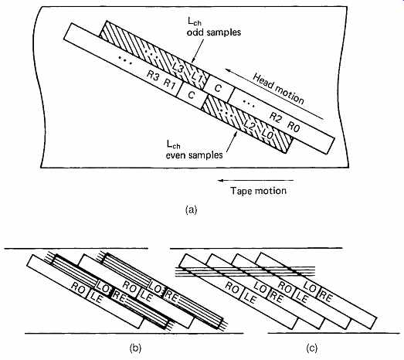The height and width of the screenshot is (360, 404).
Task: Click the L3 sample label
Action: [178, 68]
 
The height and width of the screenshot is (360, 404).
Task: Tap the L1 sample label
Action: [197, 76]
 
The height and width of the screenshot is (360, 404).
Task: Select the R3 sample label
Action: [153, 76]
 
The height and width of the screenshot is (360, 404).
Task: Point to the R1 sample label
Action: [169, 83]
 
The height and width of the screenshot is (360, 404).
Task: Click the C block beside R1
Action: [192, 95]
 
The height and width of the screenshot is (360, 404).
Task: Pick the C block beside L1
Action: [218, 88]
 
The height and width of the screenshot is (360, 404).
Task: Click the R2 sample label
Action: [276, 117]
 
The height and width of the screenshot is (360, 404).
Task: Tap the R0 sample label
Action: [294, 126]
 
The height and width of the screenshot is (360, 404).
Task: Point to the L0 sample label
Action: [267, 134]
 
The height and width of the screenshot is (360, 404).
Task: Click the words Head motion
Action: [279, 89]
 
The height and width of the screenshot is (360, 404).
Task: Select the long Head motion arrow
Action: [274, 94]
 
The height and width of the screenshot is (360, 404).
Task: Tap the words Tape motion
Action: [258, 191]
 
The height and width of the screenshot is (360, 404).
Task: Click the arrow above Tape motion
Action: [256, 181]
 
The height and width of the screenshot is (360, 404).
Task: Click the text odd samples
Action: [214, 32]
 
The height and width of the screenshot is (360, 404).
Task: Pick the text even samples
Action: [194, 155]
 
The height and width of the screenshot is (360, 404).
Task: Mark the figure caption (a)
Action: [191, 209]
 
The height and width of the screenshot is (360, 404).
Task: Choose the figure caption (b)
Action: [135, 348]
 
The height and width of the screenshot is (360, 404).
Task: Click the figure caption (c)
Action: [311, 348]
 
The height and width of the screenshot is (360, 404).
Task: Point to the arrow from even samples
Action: [231, 141]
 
